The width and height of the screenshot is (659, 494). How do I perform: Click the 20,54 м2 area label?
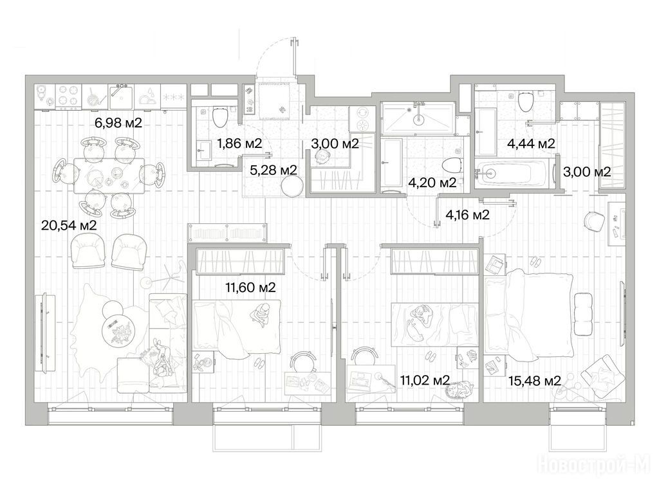tap(69, 226)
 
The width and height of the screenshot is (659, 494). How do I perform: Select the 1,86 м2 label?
tap(239, 143)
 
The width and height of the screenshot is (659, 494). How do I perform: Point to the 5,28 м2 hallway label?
tap(273, 170)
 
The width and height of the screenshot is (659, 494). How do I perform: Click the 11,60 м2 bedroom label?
tap(250, 288)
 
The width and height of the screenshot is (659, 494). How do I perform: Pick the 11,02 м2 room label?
tap(425, 381)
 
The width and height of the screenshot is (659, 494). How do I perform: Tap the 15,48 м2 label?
tap(535, 381)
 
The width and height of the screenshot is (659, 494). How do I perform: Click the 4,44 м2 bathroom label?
tap(531, 143)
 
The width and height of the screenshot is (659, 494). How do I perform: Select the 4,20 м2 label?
tap(432, 183)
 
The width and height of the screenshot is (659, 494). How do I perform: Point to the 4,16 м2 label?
tap(467, 215)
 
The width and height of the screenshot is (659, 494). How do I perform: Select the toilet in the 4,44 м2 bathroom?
tap(526, 101)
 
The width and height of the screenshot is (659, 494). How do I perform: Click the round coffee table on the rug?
tap(119, 331)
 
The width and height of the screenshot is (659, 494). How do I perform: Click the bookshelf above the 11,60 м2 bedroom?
tap(227, 233)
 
